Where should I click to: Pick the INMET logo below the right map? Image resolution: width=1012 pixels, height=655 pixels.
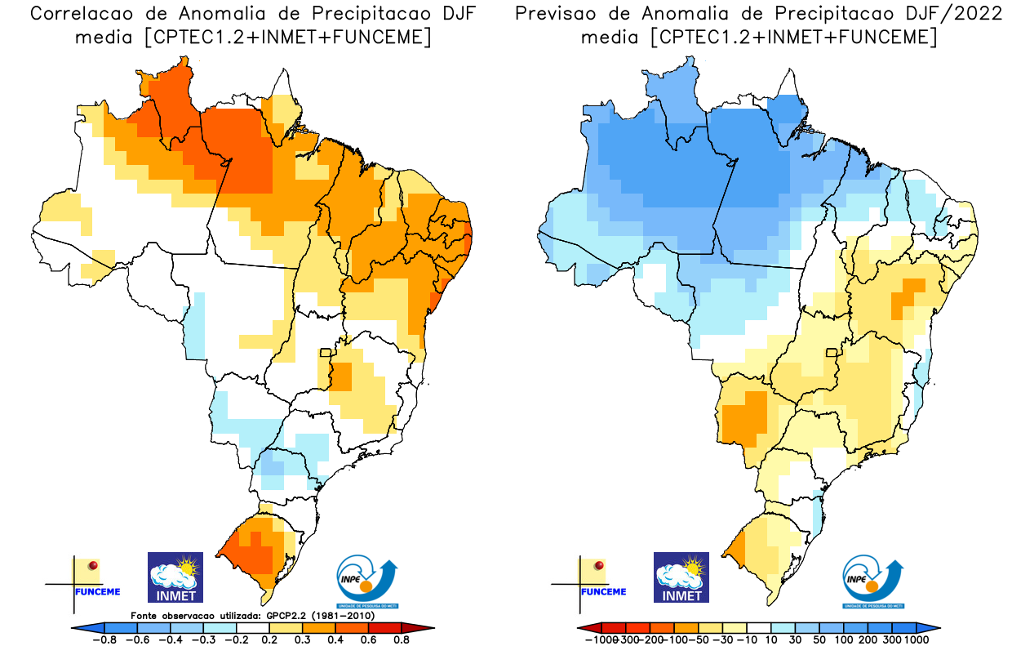[681, 577]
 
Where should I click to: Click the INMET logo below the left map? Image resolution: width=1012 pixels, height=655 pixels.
[175, 577]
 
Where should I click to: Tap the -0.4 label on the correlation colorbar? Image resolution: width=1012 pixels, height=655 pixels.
[174, 640]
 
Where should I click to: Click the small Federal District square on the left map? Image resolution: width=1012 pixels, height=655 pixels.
[325, 353]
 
